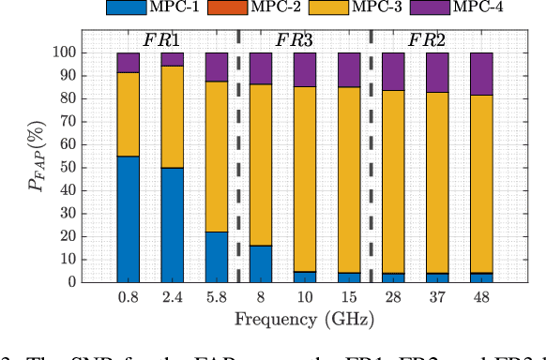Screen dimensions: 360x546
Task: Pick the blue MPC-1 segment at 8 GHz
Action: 260,262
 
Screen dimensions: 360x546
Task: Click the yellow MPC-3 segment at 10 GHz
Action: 305,178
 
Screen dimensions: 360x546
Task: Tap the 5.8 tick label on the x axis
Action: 216,296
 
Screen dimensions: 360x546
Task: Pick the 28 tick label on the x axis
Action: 392,296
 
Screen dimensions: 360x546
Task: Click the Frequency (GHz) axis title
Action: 304,321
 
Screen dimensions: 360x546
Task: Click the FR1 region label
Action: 161,41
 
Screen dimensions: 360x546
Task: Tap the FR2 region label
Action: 425,41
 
